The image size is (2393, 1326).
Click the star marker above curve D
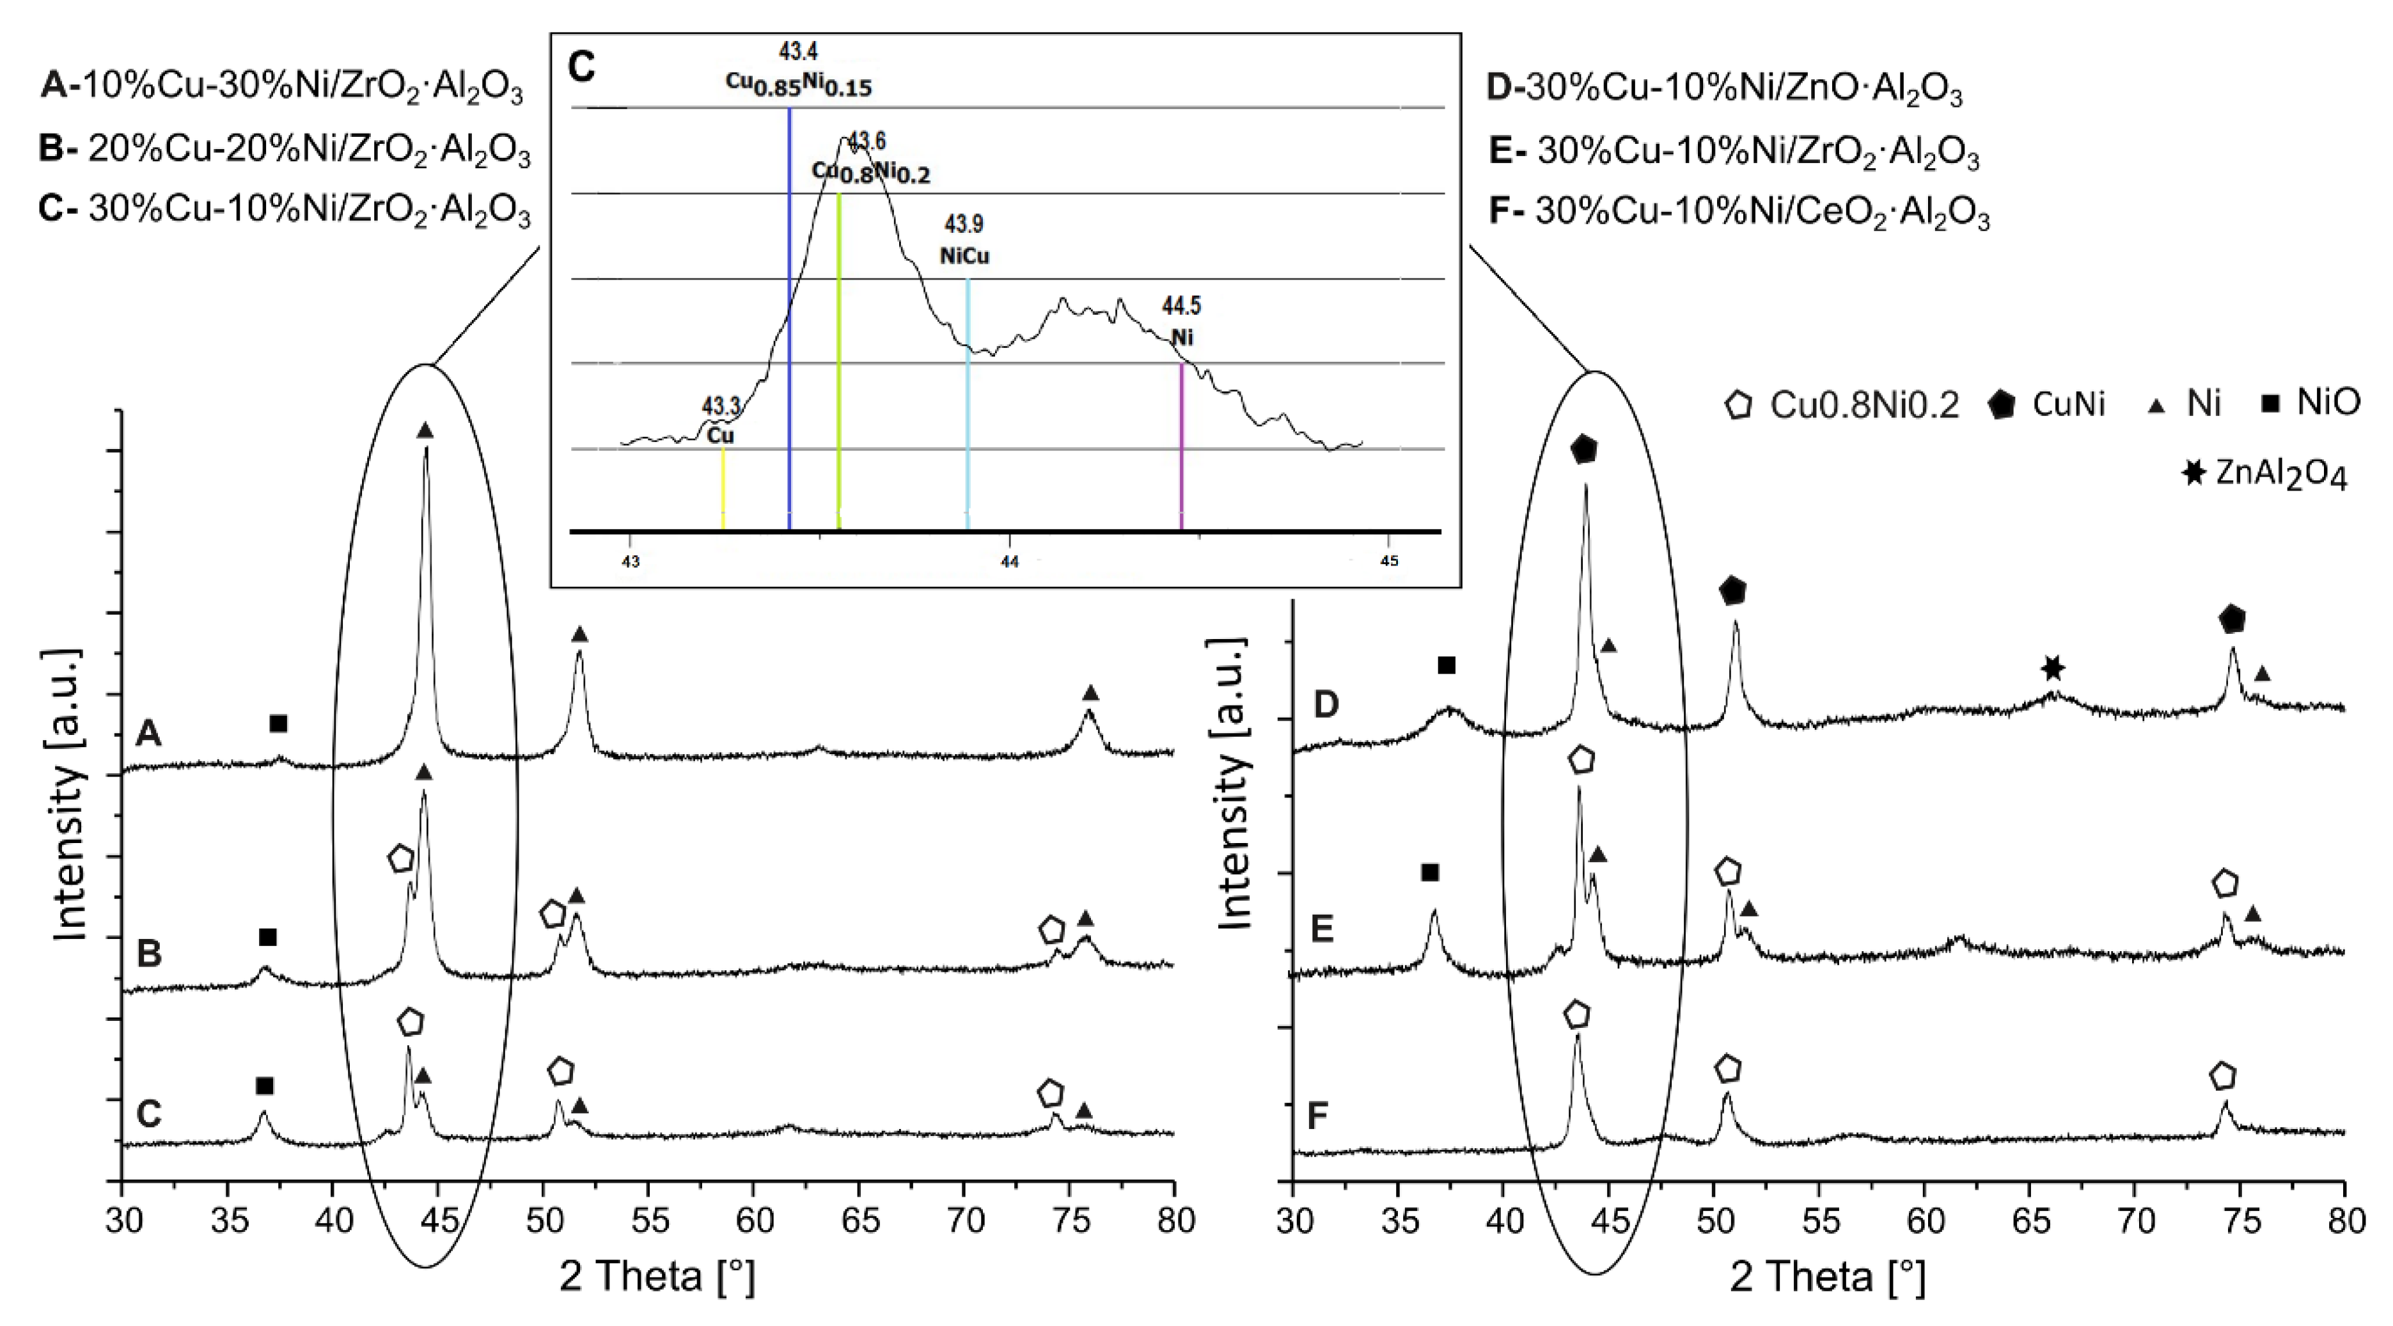(x=2053, y=668)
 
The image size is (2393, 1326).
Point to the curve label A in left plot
(x=148, y=735)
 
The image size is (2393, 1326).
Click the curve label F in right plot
(x=1318, y=1117)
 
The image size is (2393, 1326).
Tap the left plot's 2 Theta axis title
(x=657, y=1277)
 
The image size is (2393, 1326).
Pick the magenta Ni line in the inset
(x=1181, y=446)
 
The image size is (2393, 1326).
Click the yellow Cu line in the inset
(x=723, y=488)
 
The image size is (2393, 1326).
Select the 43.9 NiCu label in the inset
(x=964, y=240)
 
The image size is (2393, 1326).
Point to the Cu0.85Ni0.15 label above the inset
(x=799, y=84)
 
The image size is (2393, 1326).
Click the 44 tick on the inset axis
(x=1009, y=561)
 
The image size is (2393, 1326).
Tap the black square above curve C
(x=265, y=1085)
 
